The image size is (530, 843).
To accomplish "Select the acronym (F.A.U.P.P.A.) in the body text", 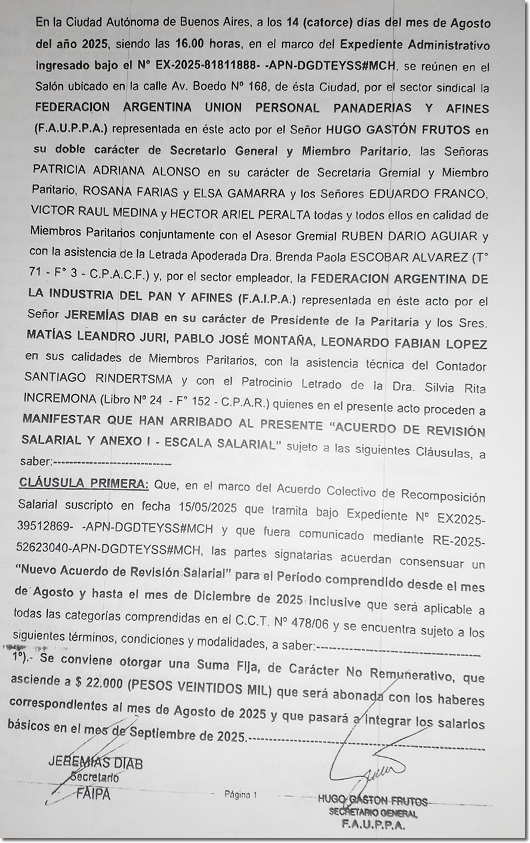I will click(72, 129).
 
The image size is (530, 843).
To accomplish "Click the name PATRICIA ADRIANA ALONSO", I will click(116, 172).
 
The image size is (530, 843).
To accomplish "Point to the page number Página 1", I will click(241, 794).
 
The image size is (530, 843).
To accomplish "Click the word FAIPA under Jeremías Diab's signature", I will click(93, 794).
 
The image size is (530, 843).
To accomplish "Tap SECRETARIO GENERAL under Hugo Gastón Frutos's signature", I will click(373, 814).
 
